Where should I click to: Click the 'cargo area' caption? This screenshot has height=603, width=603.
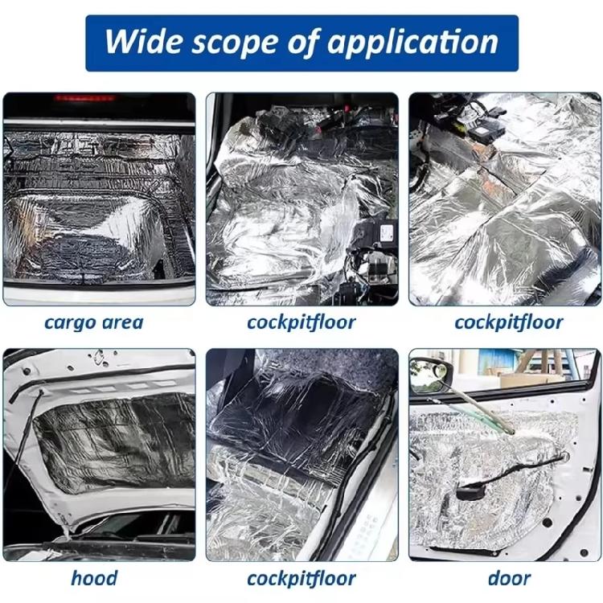(x=93, y=323)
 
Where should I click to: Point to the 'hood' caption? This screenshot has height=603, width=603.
(x=93, y=577)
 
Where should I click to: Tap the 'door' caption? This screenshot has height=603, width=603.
(x=508, y=577)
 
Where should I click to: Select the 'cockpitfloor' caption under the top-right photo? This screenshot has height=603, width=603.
(x=508, y=323)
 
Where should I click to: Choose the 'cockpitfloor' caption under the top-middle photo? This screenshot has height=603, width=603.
(x=301, y=323)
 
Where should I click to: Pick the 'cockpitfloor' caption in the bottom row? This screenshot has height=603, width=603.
(x=301, y=577)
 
